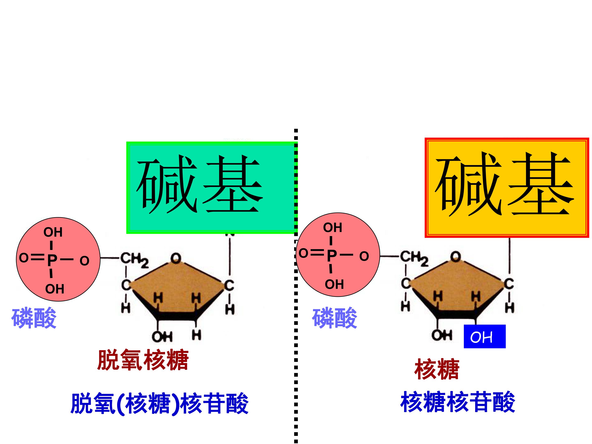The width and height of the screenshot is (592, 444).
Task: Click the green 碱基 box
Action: (x=212, y=188)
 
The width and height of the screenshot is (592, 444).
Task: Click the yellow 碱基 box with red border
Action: (x=507, y=188)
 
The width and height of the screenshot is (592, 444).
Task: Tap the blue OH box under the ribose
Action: (x=485, y=336)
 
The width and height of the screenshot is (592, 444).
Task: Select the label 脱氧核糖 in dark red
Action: (x=143, y=360)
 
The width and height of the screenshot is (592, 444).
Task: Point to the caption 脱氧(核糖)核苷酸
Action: (x=160, y=404)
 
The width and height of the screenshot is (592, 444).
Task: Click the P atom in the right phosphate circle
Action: (x=332, y=255)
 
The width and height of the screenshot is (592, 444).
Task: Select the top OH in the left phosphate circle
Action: (x=53, y=232)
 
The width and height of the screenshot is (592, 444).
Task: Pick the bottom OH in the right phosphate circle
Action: (x=334, y=284)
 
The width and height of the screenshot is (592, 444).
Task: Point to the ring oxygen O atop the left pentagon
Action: (x=176, y=258)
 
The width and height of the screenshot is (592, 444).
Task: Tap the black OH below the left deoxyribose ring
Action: (x=162, y=337)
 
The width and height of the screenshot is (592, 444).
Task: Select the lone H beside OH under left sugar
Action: (x=197, y=335)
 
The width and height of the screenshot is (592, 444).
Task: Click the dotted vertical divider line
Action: (x=296, y=286)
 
